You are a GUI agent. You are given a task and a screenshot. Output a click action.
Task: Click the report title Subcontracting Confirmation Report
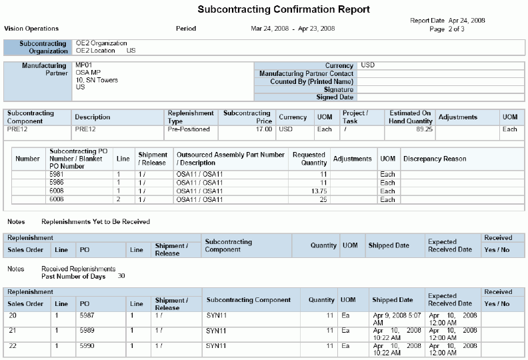(x=283, y=10)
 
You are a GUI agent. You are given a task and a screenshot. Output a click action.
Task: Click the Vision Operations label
(x=31, y=29)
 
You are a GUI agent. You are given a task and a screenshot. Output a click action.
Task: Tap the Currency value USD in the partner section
(x=367, y=65)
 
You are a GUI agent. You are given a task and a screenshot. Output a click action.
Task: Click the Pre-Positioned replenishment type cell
(x=189, y=129)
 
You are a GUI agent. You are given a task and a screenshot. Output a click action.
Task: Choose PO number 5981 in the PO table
(x=57, y=174)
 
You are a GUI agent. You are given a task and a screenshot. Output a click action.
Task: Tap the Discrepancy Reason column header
(x=435, y=159)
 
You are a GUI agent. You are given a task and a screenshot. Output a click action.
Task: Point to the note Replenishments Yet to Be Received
(x=95, y=221)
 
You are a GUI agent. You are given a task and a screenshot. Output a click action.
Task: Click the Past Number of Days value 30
(x=121, y=275)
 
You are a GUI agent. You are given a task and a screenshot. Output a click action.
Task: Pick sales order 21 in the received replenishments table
(x=13, y=330)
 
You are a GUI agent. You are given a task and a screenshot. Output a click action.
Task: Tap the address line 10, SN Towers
(x=97, y=80)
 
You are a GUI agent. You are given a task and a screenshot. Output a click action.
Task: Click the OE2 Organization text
(x=101, y=43)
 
